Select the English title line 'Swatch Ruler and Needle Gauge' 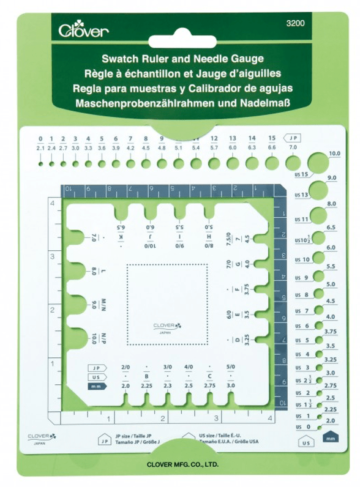tap(179, 60)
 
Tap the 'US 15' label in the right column tap(300, 176)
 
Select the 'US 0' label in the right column tap(299, 426)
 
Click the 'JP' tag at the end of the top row tap(294, 138)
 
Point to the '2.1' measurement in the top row tap(40, 148)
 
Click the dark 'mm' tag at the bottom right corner tap(331, 439)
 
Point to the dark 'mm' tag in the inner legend tap(95, 386)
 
